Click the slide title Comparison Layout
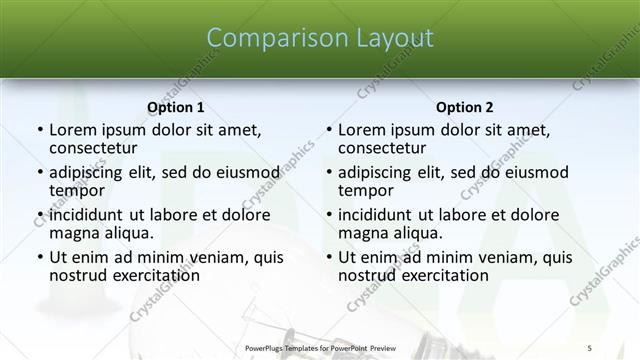[x=319, y=38]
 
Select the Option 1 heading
[x=175, y=107]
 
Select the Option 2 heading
[x=464, y=107]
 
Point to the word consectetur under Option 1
[x=93, y=147]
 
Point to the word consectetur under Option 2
[x=382, y=147]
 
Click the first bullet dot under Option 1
[x=39, y=130]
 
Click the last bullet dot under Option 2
[x=328, y=257]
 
